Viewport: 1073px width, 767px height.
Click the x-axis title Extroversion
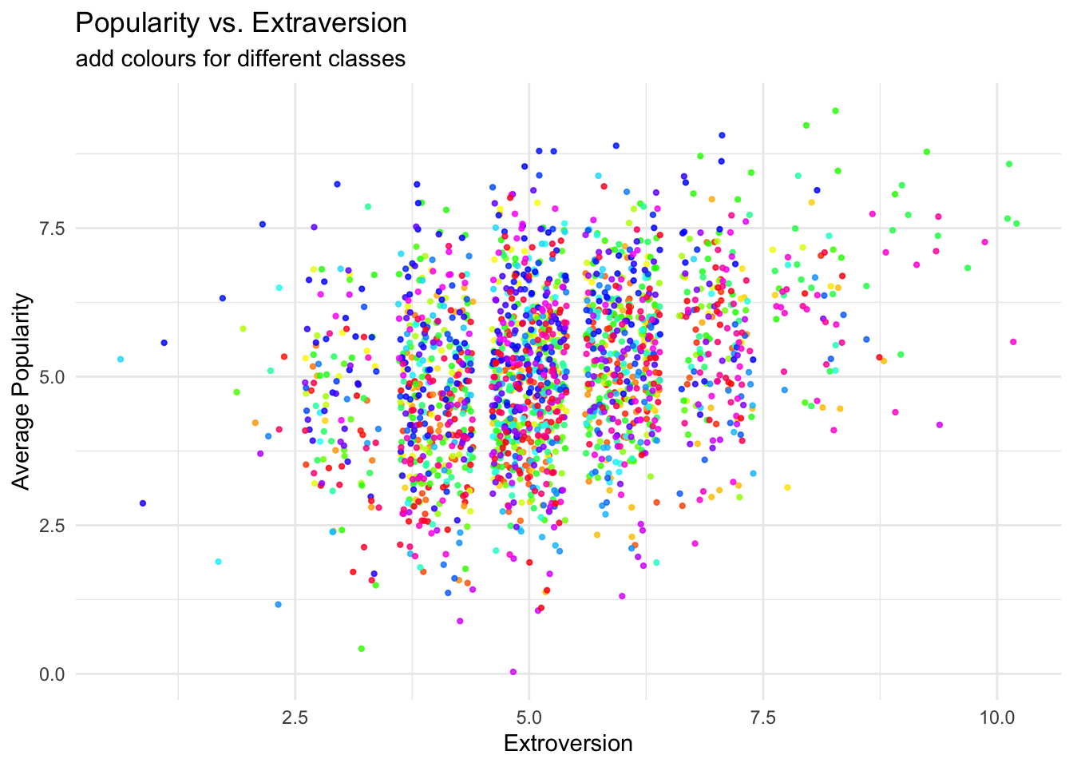pyautogui.click(x=568, y=744)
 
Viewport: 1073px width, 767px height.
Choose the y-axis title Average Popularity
pyautogui.click(x=22, y=391)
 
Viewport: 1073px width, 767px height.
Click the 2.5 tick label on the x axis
pyautogui.click(x=295, y=717)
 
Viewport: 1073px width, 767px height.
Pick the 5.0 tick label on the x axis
pyautogui.click(x=529, y=717)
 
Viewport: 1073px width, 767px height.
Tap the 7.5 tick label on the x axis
pyautogui.click(x=763, y=717)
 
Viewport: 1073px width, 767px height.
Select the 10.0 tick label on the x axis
pyautogui.click(x=996, y=717)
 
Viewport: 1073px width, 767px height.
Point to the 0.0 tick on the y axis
pyautogui.click(x=53, y=674)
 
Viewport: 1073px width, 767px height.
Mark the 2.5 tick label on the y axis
pyautogui.click(x=53, y=526)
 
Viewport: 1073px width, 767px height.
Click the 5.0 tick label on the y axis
pyautogui.click(x=53, y=377)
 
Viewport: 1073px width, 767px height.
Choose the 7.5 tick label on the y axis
pyautogui.click(x=53, y=229)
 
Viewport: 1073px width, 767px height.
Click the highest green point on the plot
pyautogui.click(x=835, y=111)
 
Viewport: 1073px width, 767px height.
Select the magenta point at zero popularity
pyautogui.click(x=513, y=672)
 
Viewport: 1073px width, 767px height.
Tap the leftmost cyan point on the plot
pyautogui.click(x=121, y=360)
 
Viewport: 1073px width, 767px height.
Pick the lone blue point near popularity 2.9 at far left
pyautogui.click(x=143, y=503)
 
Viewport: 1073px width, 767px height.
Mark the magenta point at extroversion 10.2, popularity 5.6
pyautogui.click(x=1013, y=342)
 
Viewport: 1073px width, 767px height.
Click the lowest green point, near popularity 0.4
pyautogui.click(x=362, y=649)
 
